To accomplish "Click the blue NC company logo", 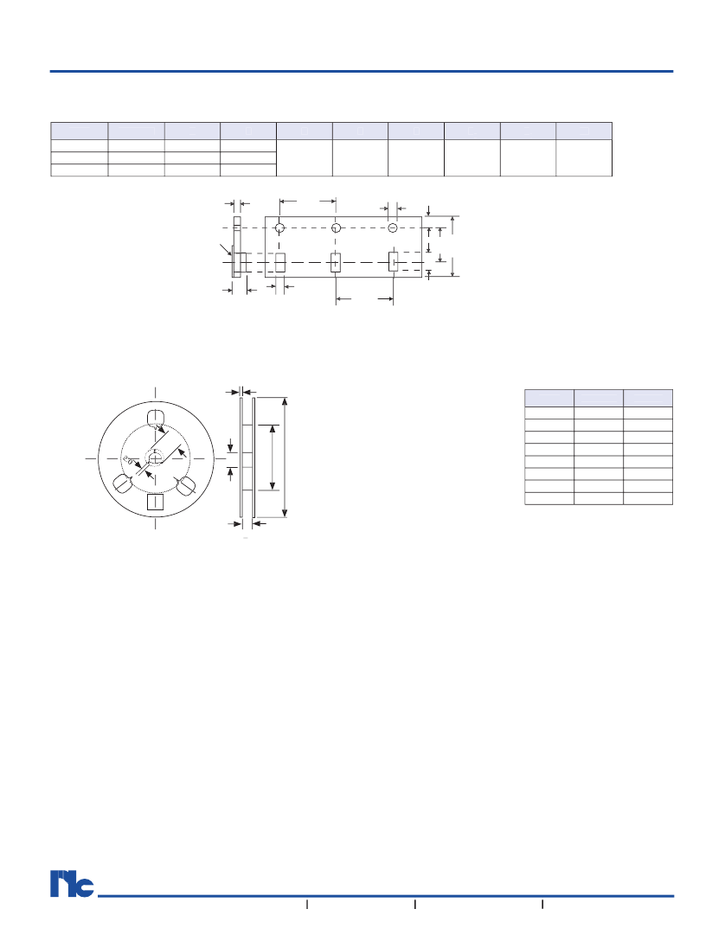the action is coord(72,883).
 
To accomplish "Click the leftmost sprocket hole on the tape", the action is coord(279,228).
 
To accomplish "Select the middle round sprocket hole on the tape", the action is coord(336,228).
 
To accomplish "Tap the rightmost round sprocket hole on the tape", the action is coord(393,228).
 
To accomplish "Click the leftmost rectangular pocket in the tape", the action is coord(279,262).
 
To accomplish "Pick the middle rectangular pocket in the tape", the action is coord(336,262).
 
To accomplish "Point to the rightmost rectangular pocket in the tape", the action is coord(393,262).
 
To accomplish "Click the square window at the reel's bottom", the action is coord(156,502).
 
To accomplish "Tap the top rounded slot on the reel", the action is coord(156,418).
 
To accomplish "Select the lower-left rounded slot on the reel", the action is coord(123,483).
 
